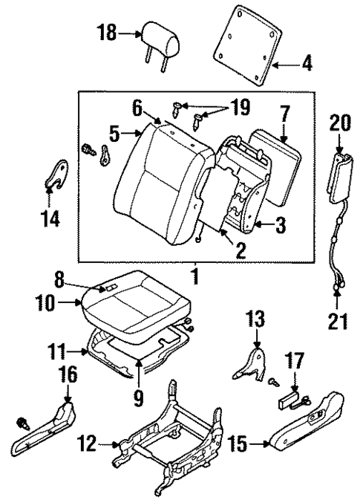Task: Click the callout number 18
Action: pos(107,33)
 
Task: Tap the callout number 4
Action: pos(306,65)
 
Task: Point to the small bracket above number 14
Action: pos(51,176)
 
